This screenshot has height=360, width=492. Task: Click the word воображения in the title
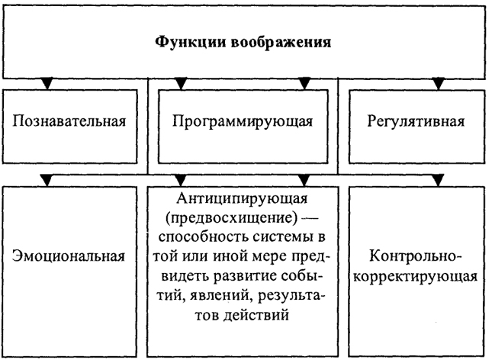click(281, 43)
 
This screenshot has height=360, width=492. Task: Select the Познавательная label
click(69, 121)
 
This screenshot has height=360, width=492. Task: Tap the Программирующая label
click(243, 122)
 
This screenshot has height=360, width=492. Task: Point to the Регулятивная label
click(416, 122)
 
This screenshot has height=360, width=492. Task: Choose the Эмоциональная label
click(69, 256)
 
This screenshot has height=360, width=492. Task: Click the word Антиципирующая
click(242, 199)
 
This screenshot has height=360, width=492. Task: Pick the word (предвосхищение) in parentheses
click(232, 218)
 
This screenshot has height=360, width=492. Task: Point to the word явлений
click(217, 296)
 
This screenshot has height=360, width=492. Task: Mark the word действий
click(256, 315)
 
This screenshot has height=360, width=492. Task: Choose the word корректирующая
click(416, 277)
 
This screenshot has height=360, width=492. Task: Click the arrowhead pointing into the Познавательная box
click(47, 84)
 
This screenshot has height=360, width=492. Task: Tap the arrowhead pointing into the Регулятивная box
click(439, 84)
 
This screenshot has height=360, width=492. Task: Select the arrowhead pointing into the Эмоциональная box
click(47, 181)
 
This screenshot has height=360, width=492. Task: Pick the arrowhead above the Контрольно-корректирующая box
click(439, 181)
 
